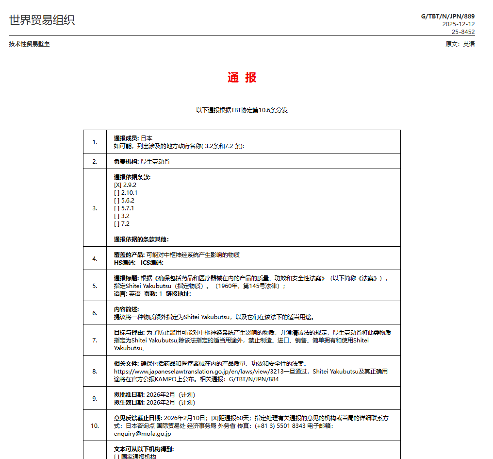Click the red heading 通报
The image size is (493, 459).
pyautogui.click(x=242, y=78)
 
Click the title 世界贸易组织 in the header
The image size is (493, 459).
pyautogui.click(x=42, y=20)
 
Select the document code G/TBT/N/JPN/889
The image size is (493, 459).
pyautogui.click(x=447, y=17)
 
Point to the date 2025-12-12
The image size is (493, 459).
pyautogui.click(x=458, y=24)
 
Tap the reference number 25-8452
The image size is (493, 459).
pyautogui.click(x=463, y=32)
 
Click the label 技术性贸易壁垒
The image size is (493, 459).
pyautogui.click(x=29, y=44)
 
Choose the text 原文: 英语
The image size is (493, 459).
pyautogui.click(x=460, y=44)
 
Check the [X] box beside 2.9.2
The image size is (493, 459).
pyautogui.click(x=117, y=185)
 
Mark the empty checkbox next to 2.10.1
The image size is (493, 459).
pyautogui.click(x=116, y=193)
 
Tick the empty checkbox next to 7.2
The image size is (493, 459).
pyautogui.click(x=116, y=224)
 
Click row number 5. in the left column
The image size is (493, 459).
pyautogui.click(x=95, y=286)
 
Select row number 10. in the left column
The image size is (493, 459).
pyautogui.click(x=95, y=425)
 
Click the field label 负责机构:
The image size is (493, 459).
pyautogui.click(x=127, y=162)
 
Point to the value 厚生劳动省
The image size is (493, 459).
pyautogui.click(x=155, y=162)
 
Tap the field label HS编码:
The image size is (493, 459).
pyautogui.click(x=125, y=263)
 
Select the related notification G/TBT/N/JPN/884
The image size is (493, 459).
pyautogui.click(x=254, y=379)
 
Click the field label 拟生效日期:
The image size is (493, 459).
pyautogui.click(x=129, y=403)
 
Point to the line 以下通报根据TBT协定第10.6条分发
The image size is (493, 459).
pyautogui.click(x=242, y=110)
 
